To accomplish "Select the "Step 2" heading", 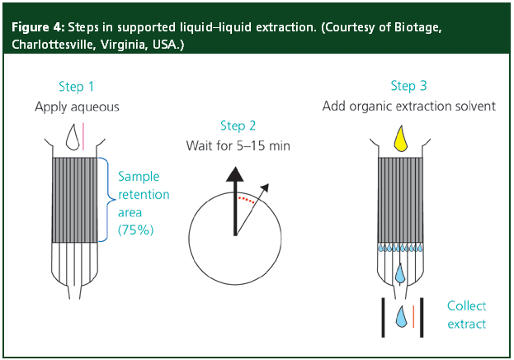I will point(238,126).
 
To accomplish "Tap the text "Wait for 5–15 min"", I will point(238,145).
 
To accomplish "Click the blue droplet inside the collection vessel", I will point(400,315).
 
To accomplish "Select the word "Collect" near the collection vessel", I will point(467,306).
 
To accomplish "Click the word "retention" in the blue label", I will point(144,194).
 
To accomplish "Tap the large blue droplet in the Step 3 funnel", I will point(400,272).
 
